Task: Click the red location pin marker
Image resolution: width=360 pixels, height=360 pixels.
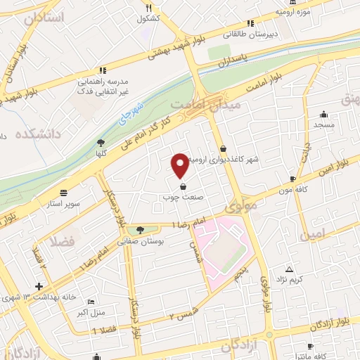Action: tap(180, 165)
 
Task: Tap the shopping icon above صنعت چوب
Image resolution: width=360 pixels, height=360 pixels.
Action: tap(184, 187)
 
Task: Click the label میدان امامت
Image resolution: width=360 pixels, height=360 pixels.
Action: tap(216, 104)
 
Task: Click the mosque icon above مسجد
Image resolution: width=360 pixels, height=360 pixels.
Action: tap(323, 115)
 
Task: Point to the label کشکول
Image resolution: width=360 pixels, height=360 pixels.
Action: tap(149, 17)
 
